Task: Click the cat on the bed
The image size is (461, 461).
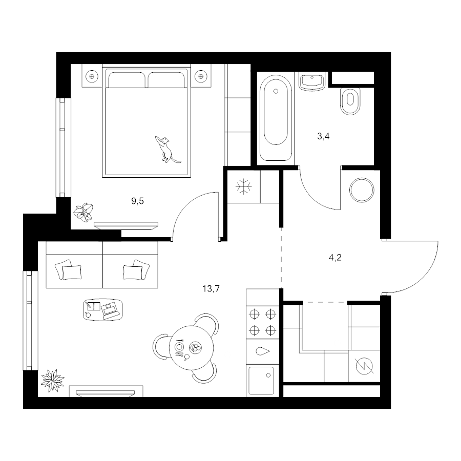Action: [x=167, y=150]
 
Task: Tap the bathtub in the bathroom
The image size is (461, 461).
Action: [x=276, y=118]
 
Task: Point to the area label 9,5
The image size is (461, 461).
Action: [x=137, y=201]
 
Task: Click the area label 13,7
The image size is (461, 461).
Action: [x=211, y=289]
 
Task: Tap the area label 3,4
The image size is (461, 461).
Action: [x=323, y=136]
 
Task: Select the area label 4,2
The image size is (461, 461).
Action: [x=335, y=258]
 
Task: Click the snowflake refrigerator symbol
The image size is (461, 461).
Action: [x=244, y=186]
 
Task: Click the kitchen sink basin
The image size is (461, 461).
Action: [x=261, y=380]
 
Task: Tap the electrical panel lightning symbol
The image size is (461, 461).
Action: [x=364, y=366]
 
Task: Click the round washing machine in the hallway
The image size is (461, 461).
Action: [x=362, y=190]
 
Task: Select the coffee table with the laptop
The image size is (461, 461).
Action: [x=102, y=309]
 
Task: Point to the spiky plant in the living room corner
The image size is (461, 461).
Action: [x=52, y=381]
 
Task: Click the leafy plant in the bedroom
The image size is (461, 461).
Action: [x=84, y=211]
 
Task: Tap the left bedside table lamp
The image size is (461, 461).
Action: [x=92, y=76]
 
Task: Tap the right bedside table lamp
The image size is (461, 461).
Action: [x=201, y=76]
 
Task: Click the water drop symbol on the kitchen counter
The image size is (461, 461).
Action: [x=263, y=351]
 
